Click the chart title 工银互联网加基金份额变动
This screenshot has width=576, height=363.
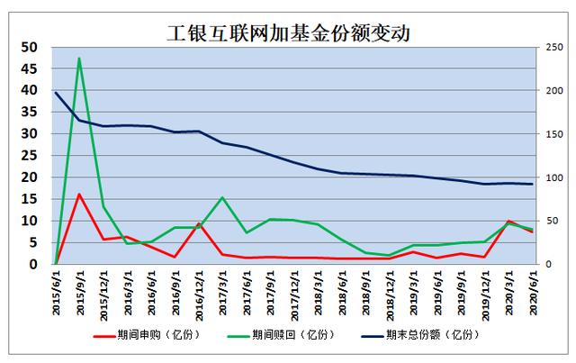pos(288,33)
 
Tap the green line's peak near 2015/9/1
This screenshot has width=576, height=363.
pos(79,59)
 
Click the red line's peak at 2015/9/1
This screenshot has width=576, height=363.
pos(79,194)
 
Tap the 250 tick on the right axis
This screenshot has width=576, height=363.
pos(553,47)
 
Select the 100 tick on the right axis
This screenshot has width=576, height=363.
pos(553,177)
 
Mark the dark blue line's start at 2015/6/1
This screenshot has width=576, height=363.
pos(56,92)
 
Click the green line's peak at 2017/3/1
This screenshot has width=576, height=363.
pos(222,197)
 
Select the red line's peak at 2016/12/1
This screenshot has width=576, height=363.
pos(199,223)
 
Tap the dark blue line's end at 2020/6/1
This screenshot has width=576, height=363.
pos(532,184)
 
